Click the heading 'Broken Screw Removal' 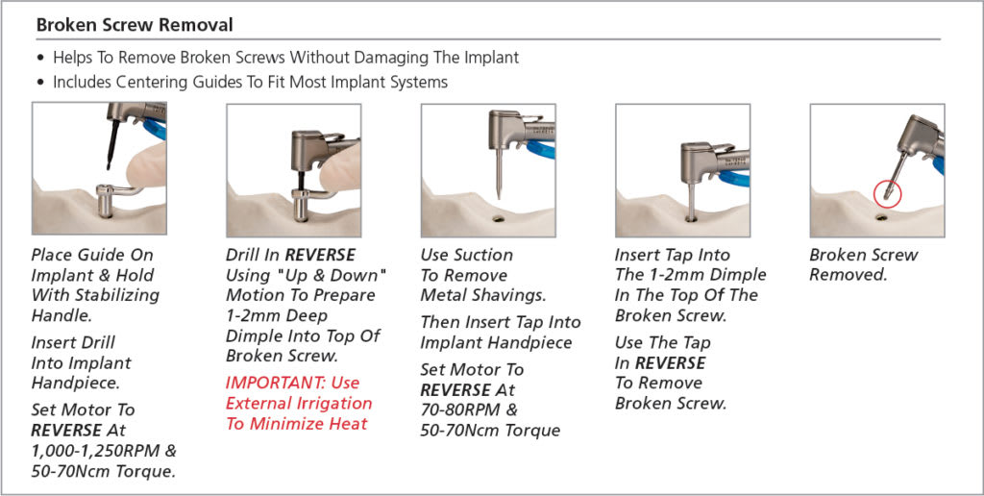click(x=135, y=24)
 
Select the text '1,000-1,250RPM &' click(x=104, y=451)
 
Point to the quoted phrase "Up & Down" click(x=330, y=275)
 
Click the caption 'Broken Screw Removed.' click(x=863, y=264)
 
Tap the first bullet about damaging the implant click(x=285, y=58)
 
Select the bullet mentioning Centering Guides click(x=250, y=82)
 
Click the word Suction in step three click(x=481, y=255)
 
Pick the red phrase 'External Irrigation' click(x=298, y=403)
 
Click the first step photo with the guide click(x=99, y=168)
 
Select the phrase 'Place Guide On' click(x=92, y=255)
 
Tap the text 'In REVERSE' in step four click(x=660, y=363)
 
